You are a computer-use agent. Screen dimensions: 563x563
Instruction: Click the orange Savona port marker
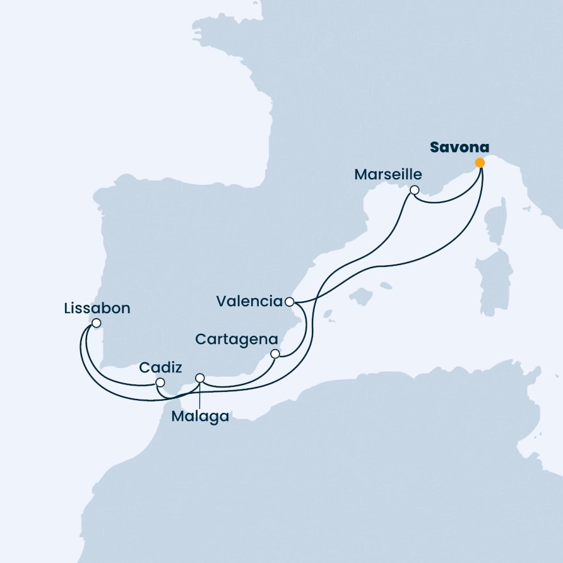click(x=480, y=163)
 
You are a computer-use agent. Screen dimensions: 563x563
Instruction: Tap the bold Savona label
click(x=459, y=147)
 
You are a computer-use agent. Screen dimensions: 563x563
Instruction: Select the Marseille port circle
click(x=414, y=190)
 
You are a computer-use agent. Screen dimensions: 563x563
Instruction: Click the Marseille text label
click(x=388, y=174)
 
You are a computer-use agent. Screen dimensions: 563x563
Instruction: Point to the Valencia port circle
click(x=290, y=302)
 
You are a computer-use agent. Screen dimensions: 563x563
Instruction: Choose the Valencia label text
click(x=249, y=301)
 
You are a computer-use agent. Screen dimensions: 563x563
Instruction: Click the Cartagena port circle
click(x=275, y=354)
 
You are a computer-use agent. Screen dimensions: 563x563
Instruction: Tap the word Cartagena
click(x=237, y=340)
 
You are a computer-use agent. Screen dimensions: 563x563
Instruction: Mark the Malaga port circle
click(x=200, y=378)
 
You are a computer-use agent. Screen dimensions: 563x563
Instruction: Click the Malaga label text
click(x=200, y=417)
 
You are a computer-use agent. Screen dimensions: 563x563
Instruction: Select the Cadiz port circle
click(x=160, y=382)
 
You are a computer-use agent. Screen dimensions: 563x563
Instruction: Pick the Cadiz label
click(x=160, y=367)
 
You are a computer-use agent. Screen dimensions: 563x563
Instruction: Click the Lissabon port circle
click(x=96, y=323)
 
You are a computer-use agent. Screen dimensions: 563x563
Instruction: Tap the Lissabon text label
click(x=97, y=309)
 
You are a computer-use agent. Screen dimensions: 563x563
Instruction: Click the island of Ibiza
click(x=328, y=314)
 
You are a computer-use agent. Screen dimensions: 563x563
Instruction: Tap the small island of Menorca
click(x=386, y=285)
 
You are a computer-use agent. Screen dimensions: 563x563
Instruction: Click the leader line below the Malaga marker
click(x=199, y=395)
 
